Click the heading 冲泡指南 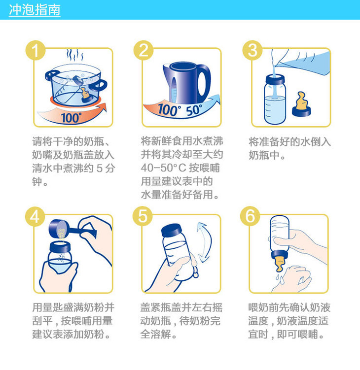pyautogui.click(x=35, y=10)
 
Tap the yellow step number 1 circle pyautogui.click(x=36, y=50)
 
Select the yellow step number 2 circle pyautogui.click(x=144, y=50)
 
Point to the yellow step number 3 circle pyautogui.click(x=252, y=50)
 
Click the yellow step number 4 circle pyautogui.click(x=35, y=217)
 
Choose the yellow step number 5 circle pyautogui.click(x=143, y=216)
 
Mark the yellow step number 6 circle pyautogui.click(x=250, y=216)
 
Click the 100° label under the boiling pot pyautogui.click(x=71, y=117)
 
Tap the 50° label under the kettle pyautogui.click(x=194, y=110)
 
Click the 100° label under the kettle pyautogui.click(x=169, y=109)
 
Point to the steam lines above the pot pyautogui.click(x=74, y=55)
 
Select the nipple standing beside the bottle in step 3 pyautogui.click(x=301, y=104)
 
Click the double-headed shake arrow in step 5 pyautogui.click(x=205, y=242)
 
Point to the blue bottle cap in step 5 pyautogui.click(x=172, y=230)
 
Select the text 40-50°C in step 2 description pyautogui.click(x=163, y=168)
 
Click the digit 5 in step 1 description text pyautogui.click(x=100, y=168)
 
